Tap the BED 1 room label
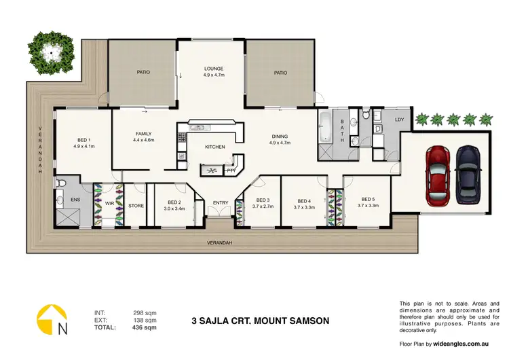(83, 140)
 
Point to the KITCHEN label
(216, 147)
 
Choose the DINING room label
(280, 136)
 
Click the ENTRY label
(221, 202)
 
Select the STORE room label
(136, 205)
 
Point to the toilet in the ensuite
(62, 183)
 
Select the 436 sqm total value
(147, 327)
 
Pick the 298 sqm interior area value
(147, 312)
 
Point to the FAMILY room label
(143, 134)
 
